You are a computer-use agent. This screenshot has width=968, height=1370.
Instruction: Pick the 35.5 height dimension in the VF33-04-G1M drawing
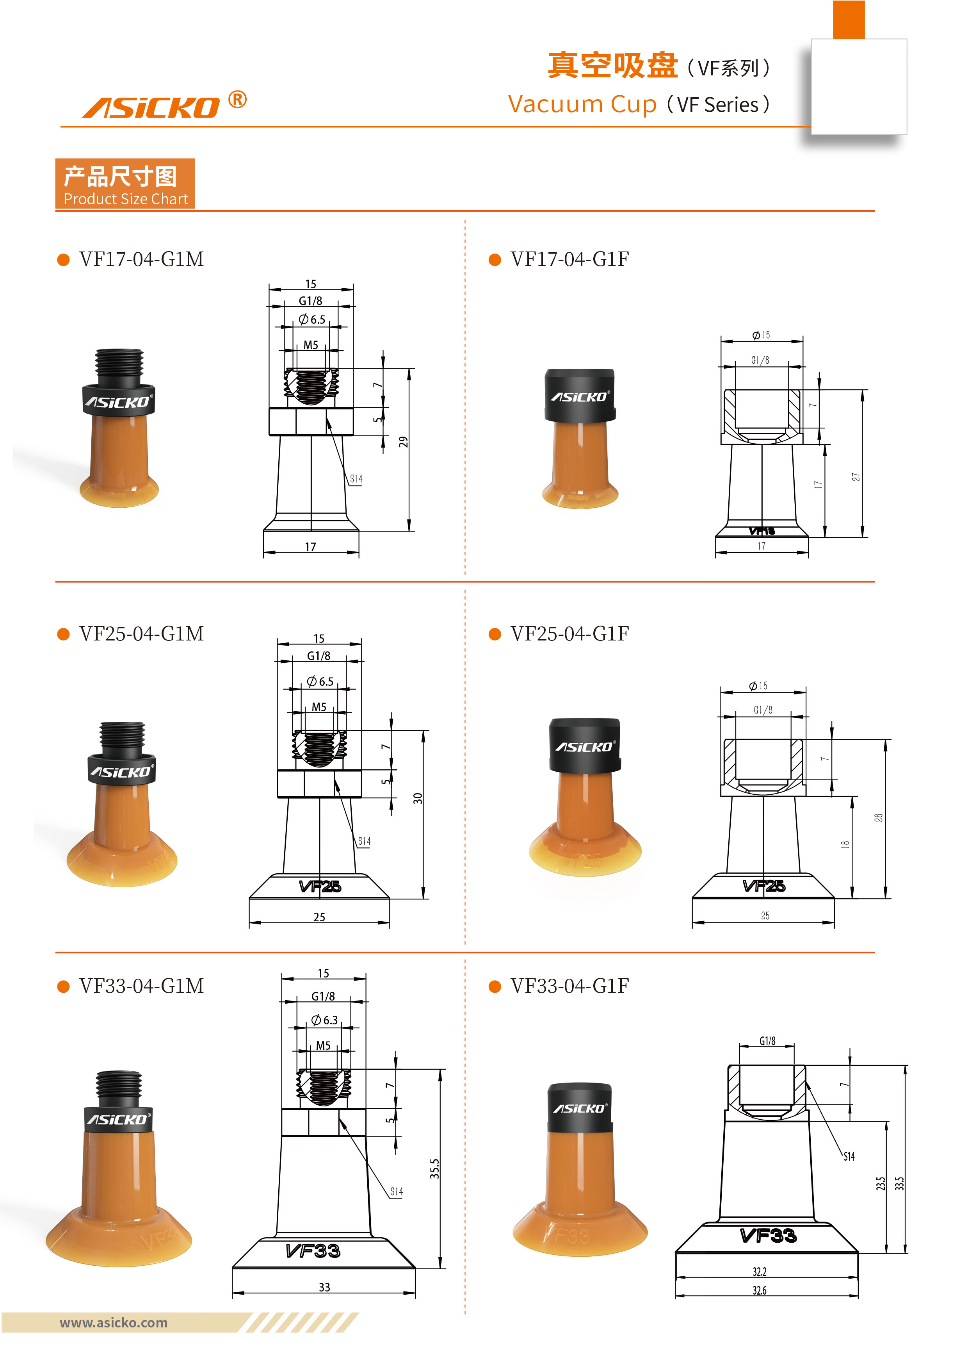[x=435, y=1168]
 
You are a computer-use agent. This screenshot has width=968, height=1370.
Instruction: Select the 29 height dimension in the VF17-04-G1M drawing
[x=404, y=442]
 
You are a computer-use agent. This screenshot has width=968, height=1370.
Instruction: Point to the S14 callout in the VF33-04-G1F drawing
[x=849, y=1156]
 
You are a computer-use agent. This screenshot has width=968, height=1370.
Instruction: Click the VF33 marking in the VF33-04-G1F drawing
[x=768, y=1235]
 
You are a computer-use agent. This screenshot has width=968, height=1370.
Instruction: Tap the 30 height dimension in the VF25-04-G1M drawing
[x=418, y=798]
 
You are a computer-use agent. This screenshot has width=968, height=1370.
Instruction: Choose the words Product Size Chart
[x=126, y=199]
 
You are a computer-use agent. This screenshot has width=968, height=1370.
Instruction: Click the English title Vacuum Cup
[x=582, y=104]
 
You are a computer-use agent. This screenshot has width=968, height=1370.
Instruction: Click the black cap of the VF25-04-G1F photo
[x=584, y=745]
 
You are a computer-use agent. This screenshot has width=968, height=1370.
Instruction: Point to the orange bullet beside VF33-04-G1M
[x=63, y=986]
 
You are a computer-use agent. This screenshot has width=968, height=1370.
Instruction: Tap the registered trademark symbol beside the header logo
[x=237, y=99]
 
